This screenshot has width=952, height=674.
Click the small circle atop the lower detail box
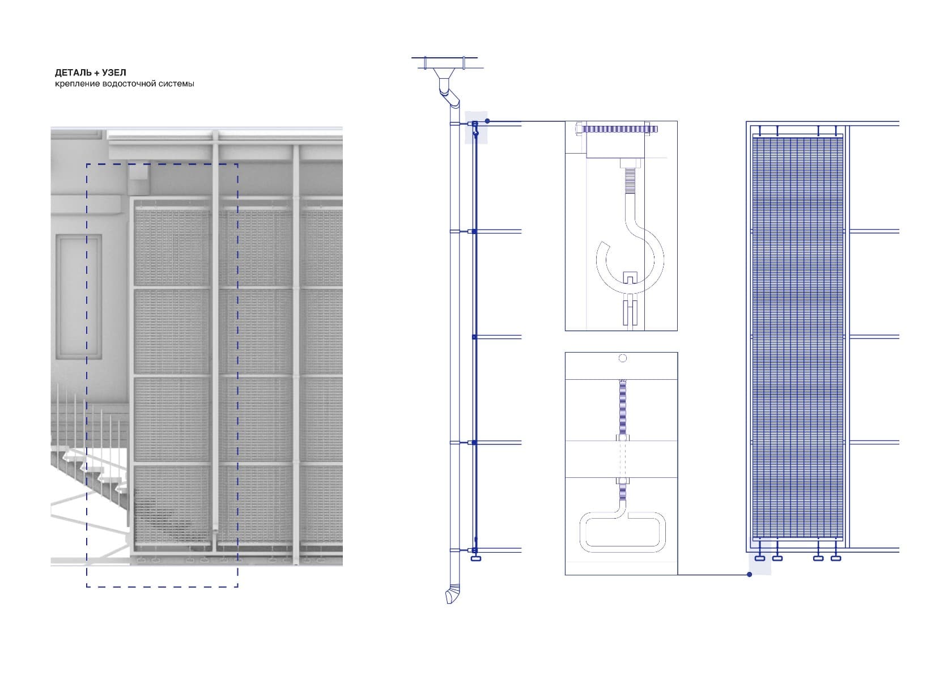[622, 358]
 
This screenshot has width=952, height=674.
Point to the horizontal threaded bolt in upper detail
[618, 129]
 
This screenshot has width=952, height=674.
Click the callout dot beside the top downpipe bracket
[487, 121]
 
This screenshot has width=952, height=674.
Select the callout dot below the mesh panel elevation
[750, 575]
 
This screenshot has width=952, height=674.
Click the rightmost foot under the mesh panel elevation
[835, 558]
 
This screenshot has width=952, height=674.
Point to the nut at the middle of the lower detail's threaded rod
[622, 438]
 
